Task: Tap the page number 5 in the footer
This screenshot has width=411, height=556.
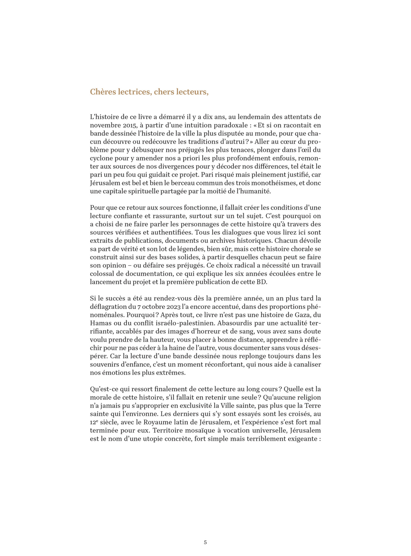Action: [x=205, y=542]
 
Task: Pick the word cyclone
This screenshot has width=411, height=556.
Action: [x=100, y=158]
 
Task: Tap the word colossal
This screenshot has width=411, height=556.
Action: [x=101, y=274]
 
